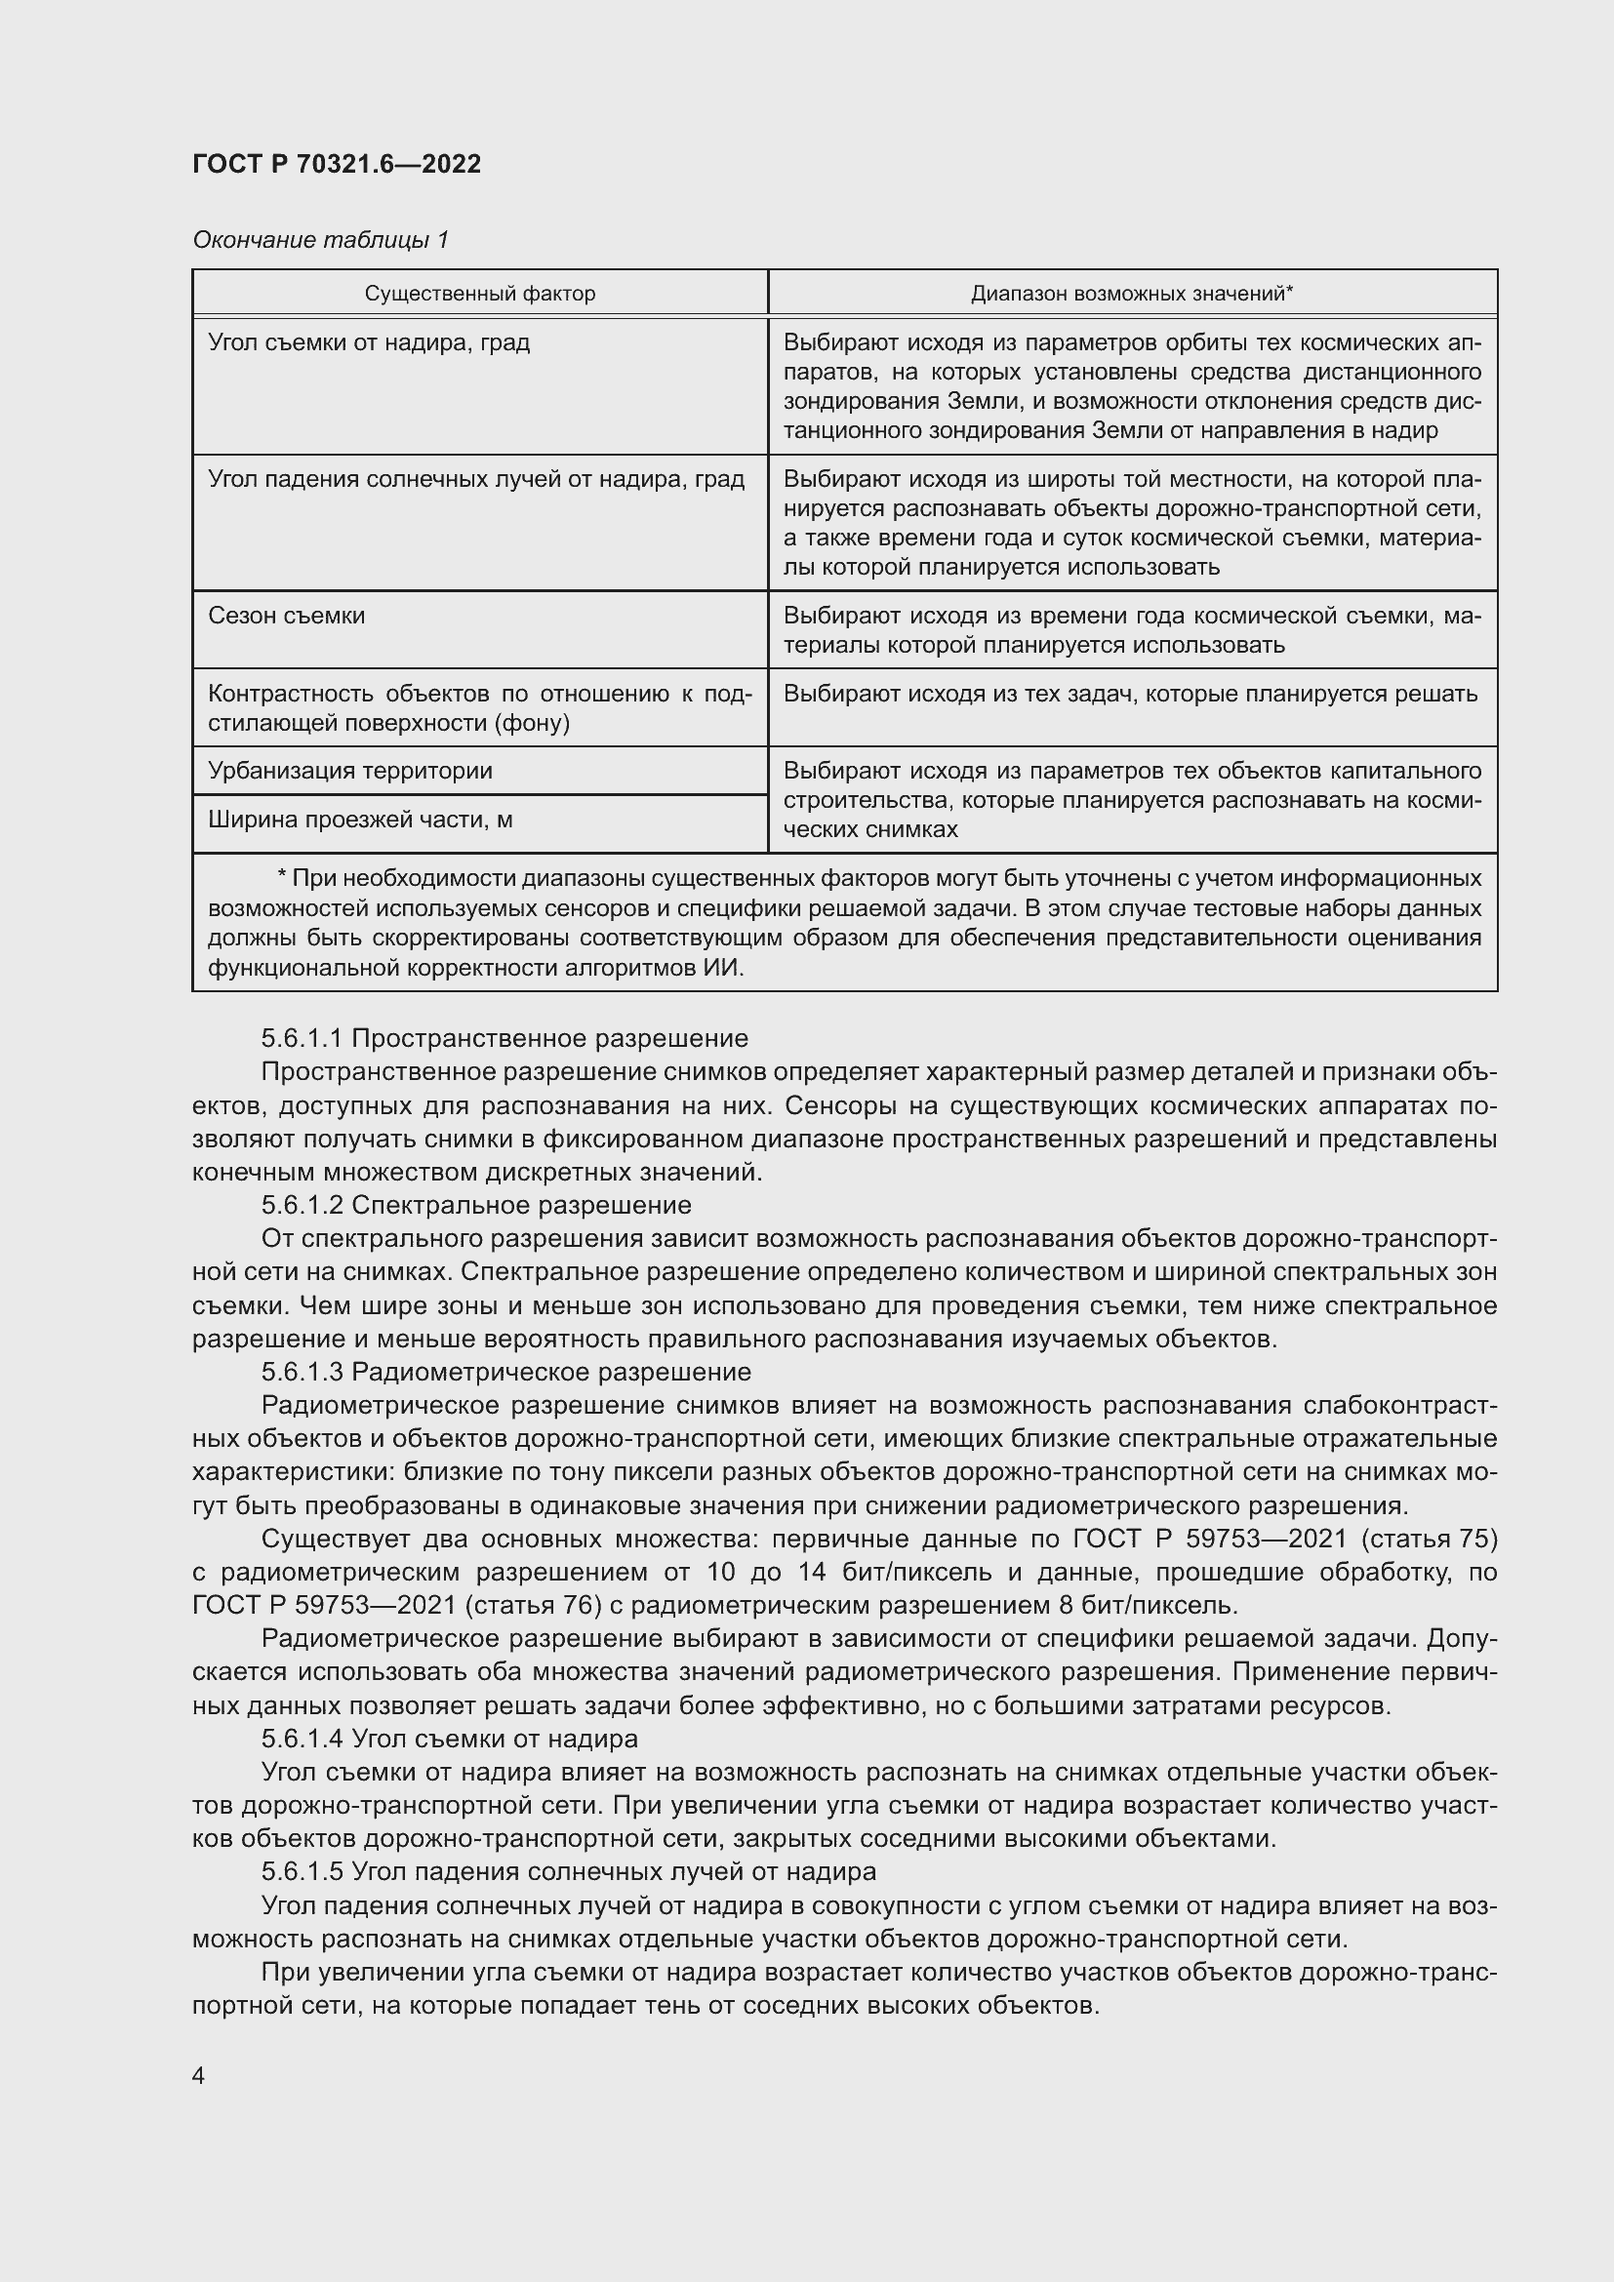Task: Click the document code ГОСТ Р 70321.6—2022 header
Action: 336,164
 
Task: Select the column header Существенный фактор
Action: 480,294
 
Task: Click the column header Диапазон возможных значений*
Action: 1132,294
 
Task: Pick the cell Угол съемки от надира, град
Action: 369,342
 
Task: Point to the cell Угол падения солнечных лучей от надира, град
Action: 476,479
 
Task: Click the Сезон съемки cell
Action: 286,617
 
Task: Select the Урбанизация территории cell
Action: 350,772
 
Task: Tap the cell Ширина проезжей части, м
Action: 360,820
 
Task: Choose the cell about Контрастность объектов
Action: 479,707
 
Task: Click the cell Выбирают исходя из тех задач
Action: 1130,694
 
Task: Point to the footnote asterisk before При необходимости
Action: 282,878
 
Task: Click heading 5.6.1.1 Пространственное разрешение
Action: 504,1039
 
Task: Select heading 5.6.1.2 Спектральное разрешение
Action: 476,1206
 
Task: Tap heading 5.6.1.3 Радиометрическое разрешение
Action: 505,1373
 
